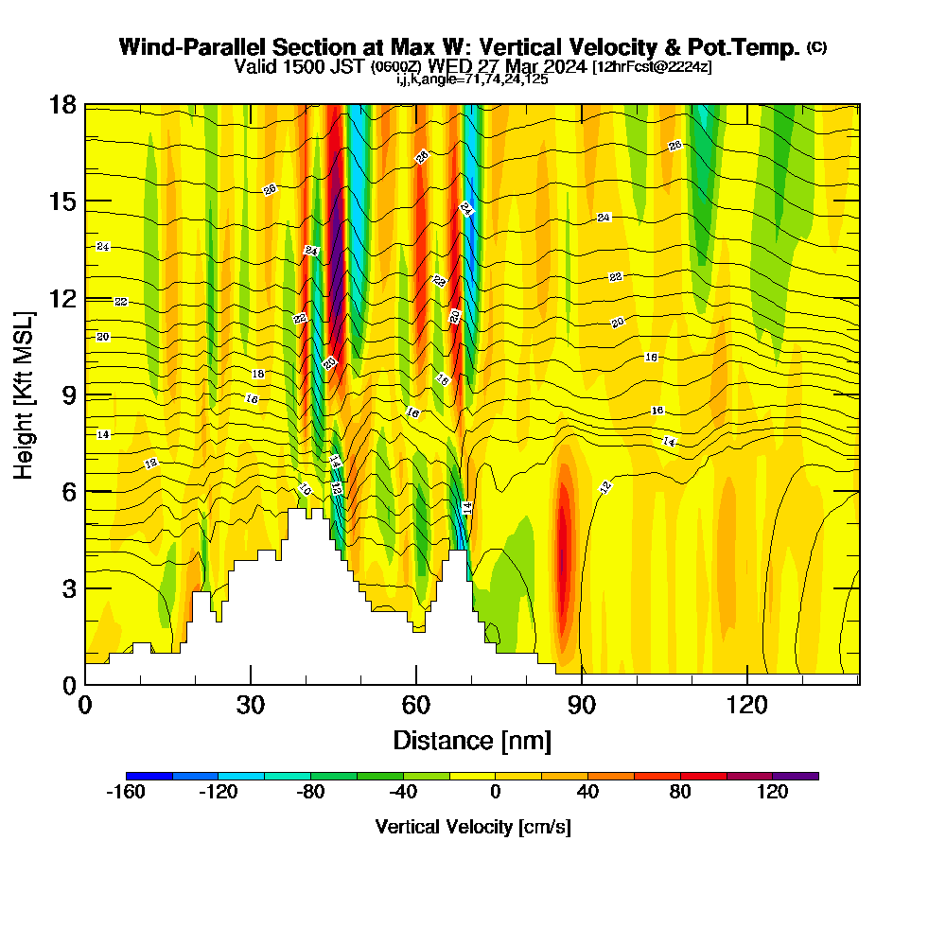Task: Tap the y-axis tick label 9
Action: pos(67,394)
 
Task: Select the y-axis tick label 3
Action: pos(67,587)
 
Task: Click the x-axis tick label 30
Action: pos(251,705)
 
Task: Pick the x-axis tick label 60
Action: pos(416,705)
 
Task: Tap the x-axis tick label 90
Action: pos(582,705)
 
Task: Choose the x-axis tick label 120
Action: pos(747,705)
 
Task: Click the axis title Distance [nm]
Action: pos(472,739)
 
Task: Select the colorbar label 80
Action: pos(680,793)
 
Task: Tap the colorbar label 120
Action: pos(772,793)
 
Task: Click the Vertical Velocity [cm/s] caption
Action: pos(472,827)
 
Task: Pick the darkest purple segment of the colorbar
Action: pos(796,776)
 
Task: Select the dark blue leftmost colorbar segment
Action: pos(149,776)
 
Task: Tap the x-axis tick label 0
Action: pos(85,705)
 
